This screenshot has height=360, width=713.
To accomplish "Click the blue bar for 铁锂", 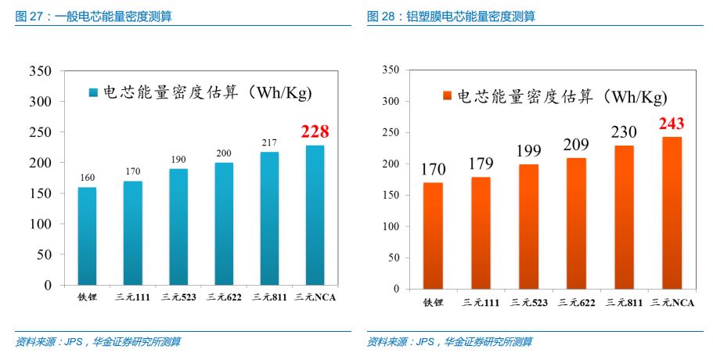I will [87, 236].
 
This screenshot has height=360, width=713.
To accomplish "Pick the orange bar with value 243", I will [672, 213].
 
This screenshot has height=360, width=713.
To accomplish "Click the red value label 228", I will [315, 131].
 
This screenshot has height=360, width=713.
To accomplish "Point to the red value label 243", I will [672, 124].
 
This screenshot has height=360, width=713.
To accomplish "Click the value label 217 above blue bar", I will [269, 142].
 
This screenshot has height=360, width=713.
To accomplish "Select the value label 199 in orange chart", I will [528, 151].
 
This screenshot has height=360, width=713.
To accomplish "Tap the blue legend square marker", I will [93, 93].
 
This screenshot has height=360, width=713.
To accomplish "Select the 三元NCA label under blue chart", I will [315, 297].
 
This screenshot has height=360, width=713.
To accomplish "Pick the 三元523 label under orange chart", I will [528, 301].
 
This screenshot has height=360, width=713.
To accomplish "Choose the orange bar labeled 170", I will [433, 236].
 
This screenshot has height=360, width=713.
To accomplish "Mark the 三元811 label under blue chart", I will [269, 297].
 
